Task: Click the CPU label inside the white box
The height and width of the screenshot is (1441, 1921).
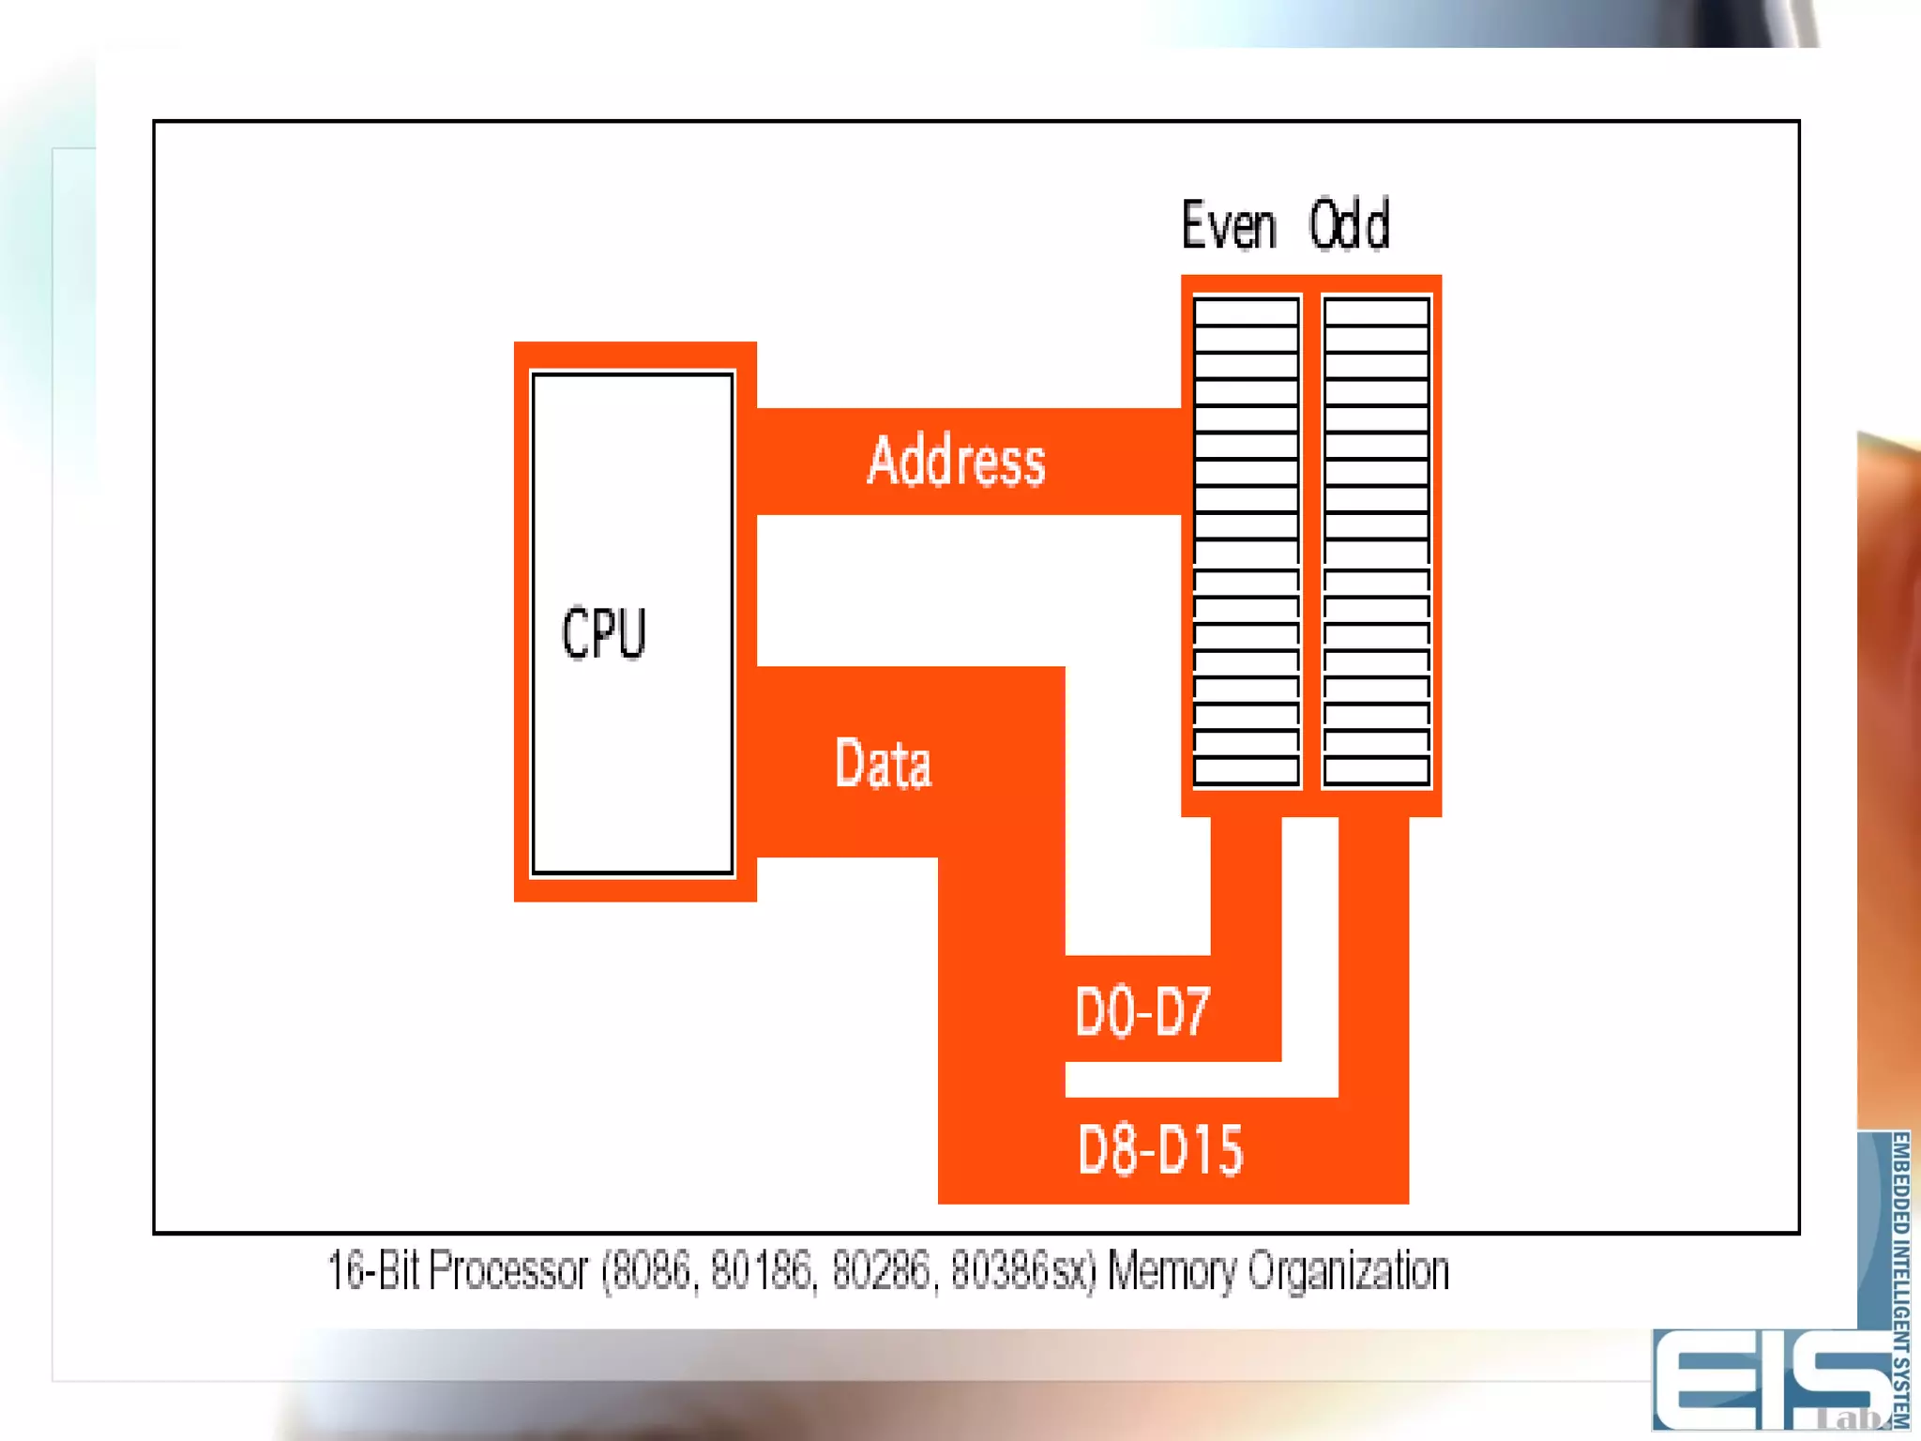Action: tap(604, 633)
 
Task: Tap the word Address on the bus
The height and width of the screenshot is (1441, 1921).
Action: tap(956, 461)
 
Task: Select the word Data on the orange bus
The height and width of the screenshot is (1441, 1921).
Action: tap(883, 764)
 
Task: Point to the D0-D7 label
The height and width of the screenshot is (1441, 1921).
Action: tap(1142, 1011)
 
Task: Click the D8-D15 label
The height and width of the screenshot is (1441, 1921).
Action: tap(1160, 1150)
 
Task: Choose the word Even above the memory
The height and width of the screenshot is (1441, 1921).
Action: tap(1229, 226)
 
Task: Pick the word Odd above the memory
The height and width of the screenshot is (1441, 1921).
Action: tap(1350, 226)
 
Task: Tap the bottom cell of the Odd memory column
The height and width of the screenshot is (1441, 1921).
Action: tap(1376, 771)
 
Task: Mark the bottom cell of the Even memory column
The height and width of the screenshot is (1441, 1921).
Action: tap(1247, 771)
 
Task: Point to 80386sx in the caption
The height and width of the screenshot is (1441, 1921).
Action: tap(1022, 1272)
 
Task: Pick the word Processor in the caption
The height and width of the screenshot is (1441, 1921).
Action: tap(508, 1272)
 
